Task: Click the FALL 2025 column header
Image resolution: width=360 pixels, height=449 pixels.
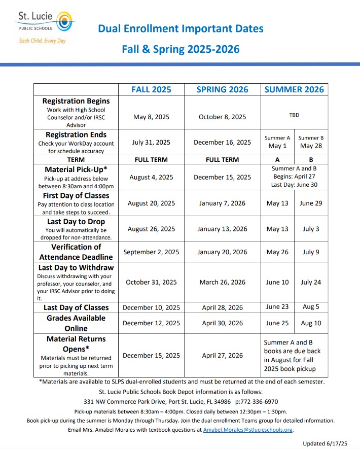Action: [151, 89]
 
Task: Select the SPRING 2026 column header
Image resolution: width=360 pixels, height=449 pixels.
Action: [222, 89]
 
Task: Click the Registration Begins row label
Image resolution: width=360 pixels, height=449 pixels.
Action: [76, 101]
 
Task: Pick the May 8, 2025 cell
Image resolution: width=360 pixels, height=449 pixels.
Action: [151, 117]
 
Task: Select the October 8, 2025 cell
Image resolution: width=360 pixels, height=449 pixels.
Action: [222, 117]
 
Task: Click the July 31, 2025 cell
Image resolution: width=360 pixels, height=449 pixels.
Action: [151, 143]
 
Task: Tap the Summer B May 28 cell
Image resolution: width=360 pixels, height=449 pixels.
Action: [311, 143]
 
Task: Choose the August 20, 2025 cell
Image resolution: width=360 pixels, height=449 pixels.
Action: [151, 203]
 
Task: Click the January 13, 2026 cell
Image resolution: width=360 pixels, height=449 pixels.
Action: [222, 229]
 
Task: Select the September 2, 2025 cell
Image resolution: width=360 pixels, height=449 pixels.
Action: [151, 252]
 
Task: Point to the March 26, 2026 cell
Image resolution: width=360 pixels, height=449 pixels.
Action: [222, 282]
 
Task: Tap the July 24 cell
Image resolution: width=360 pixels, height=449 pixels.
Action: [311, 282]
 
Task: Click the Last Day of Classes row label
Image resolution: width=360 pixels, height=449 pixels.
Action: [76, 307]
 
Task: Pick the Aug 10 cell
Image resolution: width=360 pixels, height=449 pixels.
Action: [311, 323]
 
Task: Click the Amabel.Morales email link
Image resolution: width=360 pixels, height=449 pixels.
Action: [248, 430]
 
